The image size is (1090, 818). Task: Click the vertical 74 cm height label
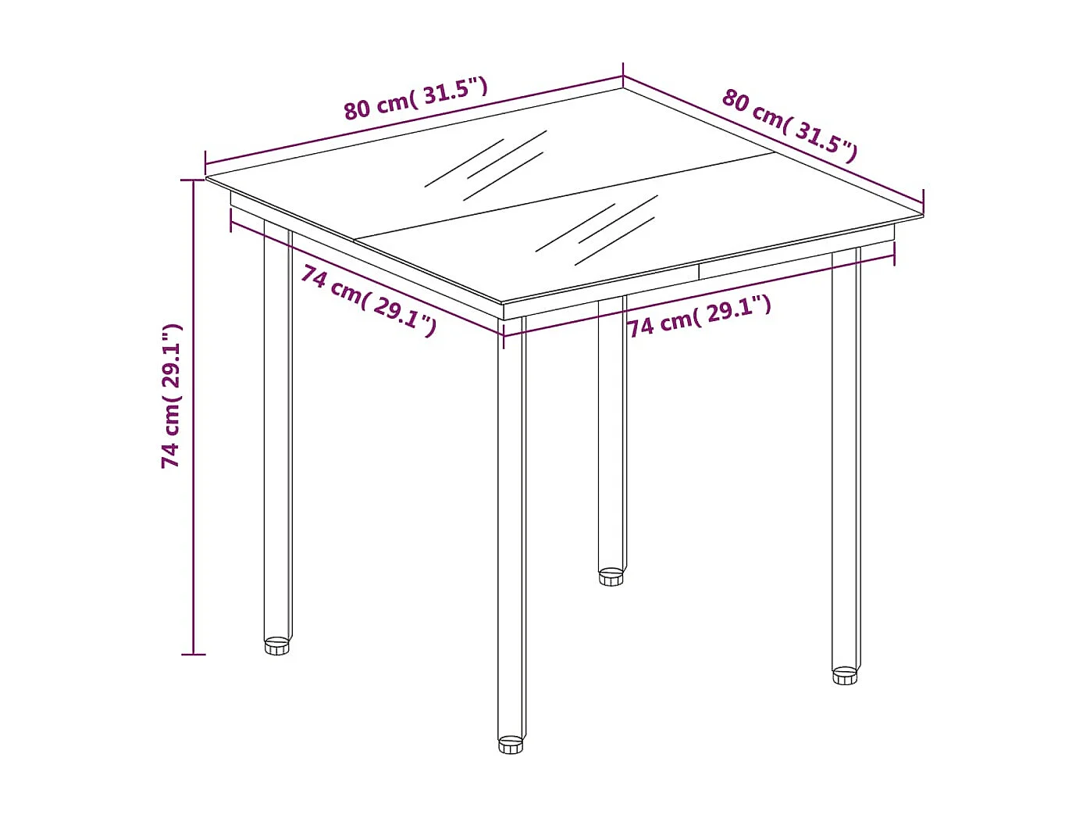click(x=171, y=396)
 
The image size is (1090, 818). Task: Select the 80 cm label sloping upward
click(x=415, y=98)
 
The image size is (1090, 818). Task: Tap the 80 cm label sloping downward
click(x=789, y=125)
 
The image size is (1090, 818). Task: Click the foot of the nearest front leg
click(x=511, y=745)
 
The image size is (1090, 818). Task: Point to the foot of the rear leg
click(x=611, y=577)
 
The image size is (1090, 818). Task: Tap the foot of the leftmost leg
click(x=276, y=646)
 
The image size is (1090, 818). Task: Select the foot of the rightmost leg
click(x=844, y=676)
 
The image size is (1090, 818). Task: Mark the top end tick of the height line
click(x=193, y=180)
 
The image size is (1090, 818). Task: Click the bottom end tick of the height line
click(x=193, y=654)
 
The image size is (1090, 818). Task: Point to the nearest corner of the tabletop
click(x=502, y=302)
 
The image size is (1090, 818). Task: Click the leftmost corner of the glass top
click(x=208, y=178)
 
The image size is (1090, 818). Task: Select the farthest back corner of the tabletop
click(x=622, y=87)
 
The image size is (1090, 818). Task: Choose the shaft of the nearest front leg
click(x=511, y=523)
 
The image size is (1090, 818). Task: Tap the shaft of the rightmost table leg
click(x=845, y=461)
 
